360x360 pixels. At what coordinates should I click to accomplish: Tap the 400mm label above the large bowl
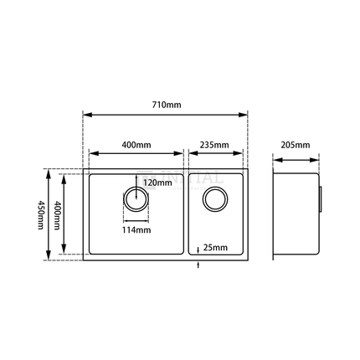click(135, 145)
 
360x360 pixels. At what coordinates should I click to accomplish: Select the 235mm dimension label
click(215, 145)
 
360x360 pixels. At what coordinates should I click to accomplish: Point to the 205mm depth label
click(296, 145)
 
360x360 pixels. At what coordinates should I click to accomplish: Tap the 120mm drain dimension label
click(157, 182)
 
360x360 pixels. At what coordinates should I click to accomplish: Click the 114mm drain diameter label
click(136, 229)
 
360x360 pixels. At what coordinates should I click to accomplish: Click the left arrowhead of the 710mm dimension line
click(86, 116)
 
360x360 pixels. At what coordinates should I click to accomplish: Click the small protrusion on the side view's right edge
click(321, 200)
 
